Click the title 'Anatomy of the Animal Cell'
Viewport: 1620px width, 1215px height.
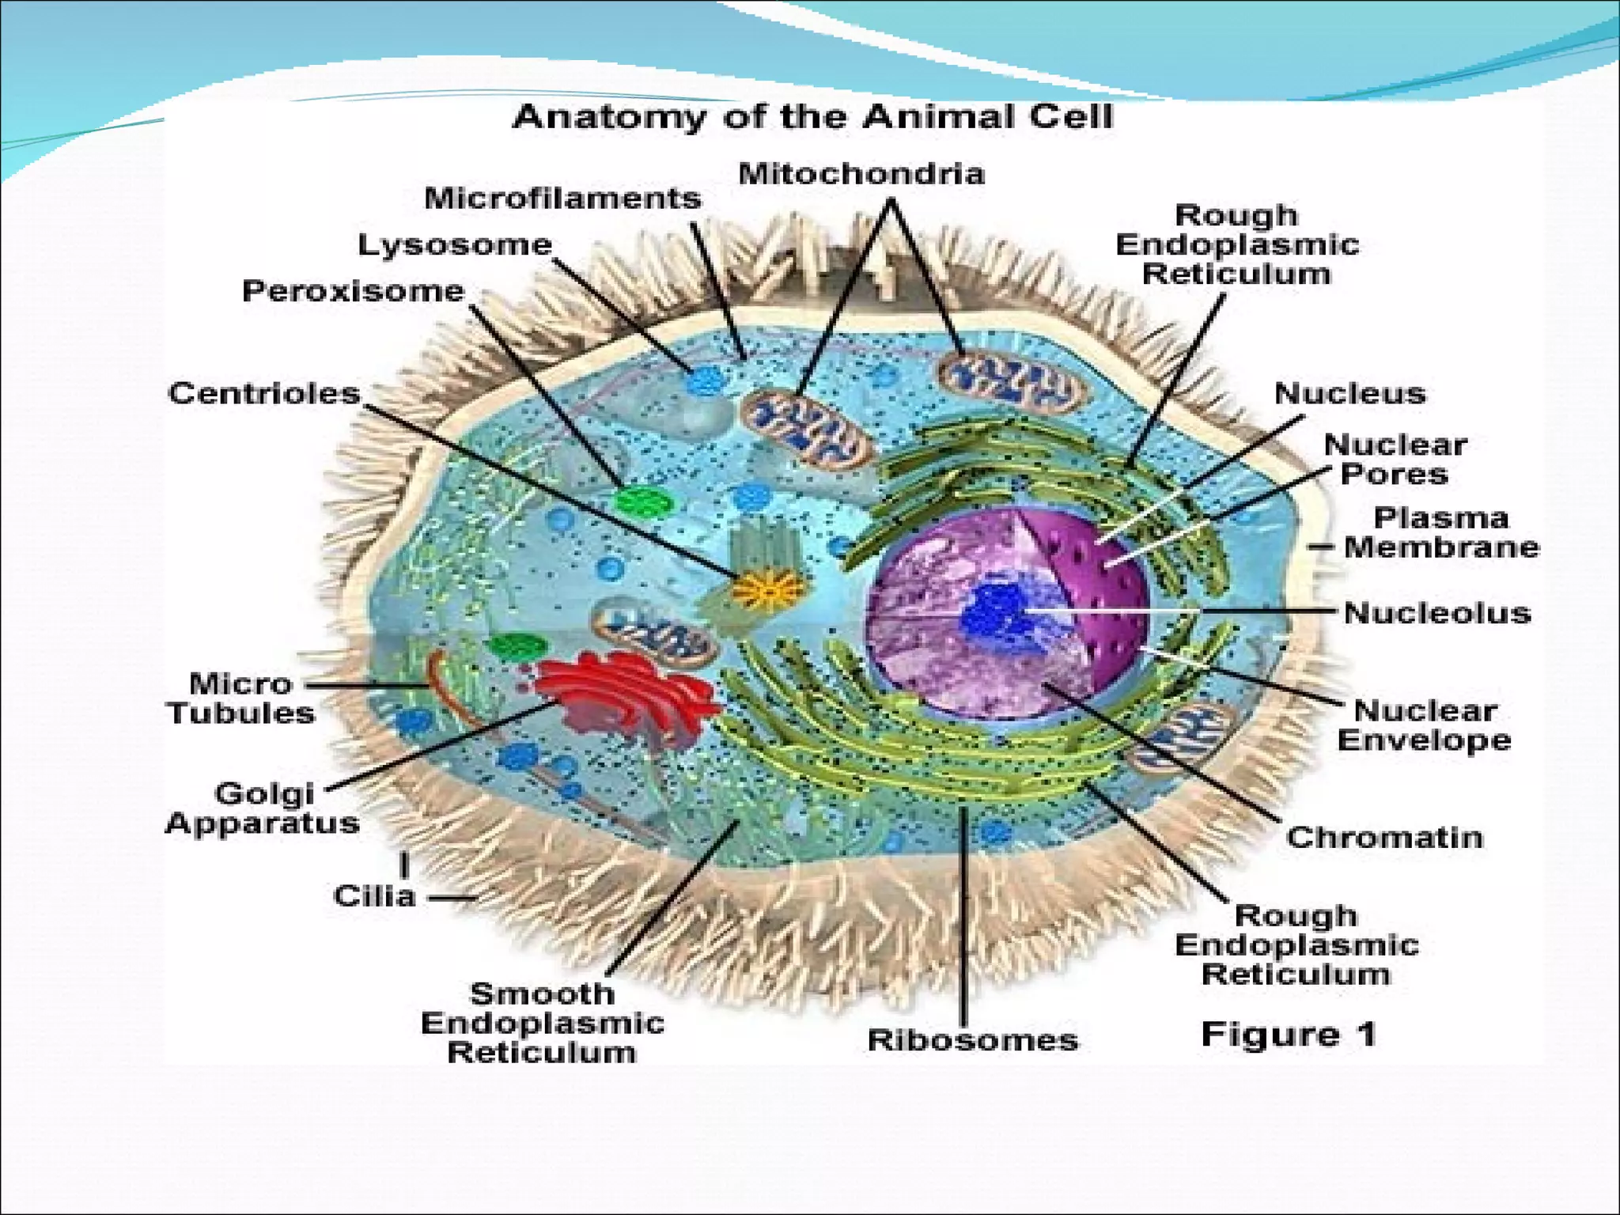pos(812,117)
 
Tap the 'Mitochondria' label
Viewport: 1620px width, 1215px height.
pos(861,173)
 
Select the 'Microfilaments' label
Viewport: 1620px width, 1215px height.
pos(562,198)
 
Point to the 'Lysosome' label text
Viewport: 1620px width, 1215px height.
pos(455,244)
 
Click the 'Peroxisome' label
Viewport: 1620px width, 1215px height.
pos(353,291)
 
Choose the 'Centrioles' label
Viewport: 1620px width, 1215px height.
pos(264,393)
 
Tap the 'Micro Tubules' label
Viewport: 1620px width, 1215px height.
pos(241,698)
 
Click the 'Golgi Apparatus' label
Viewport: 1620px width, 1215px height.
pos(263,808)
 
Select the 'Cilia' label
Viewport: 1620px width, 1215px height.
pos(374,896)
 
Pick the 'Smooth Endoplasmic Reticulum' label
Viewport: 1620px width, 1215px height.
pos(542,1023)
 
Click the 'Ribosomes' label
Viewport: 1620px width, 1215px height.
pos(972,1039)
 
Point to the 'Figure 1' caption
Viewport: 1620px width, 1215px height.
pos(1289,1034)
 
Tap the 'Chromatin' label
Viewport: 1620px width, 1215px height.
pos(1383,837)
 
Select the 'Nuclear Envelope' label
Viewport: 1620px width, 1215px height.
pos(1424,725)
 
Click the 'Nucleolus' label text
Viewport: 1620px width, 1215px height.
pos(1437,612)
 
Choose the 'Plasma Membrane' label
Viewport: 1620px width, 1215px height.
pos(1441,532)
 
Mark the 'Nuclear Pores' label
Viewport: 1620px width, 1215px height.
pos(1395,460)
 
